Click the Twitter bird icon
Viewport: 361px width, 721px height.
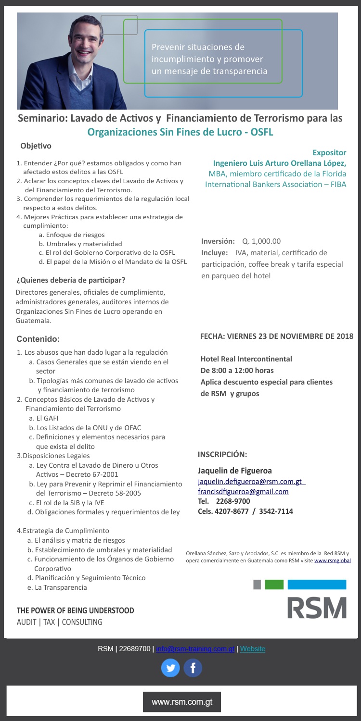tap(170, 668)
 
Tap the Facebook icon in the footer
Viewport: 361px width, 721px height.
tap(193, 668)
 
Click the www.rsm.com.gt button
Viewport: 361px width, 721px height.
tap(181, 702)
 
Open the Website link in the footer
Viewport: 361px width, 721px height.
tap(253, 649)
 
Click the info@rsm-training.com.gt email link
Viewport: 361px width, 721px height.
tap(195, 649)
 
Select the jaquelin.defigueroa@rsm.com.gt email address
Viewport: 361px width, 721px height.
tap(251, 482)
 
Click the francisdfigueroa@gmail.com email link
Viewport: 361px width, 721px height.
tap(243, 491)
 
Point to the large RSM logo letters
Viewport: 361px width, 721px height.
tap(317, 608)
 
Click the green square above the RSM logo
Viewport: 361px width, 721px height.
tap(274, 584)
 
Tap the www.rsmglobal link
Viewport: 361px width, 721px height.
tap(333, 560)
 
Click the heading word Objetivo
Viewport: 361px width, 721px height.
tap(36, 146)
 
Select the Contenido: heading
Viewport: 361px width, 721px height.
tap(38, 339)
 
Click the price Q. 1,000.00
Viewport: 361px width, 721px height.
tap(261, 241)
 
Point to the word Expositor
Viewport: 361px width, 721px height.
tap(329, 153)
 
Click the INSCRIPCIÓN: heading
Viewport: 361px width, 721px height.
tap(222, 454)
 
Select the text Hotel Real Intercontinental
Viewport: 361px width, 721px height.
tap(246, 359)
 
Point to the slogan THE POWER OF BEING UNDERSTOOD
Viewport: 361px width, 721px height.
tap(76, 610)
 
